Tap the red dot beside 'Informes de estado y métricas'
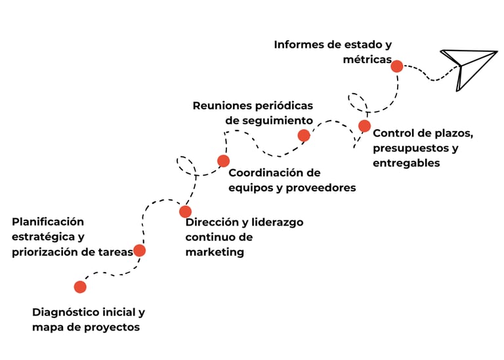tap(397, 66)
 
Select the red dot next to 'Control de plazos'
tap(365, 126)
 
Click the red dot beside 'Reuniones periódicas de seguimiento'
tap(304, 136)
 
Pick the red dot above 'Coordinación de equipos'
tap(224, 161)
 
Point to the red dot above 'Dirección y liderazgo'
tap(186, 212)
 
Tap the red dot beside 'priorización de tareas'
tap(140, 250)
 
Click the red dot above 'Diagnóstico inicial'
tap(80, 287)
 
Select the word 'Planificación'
tap(48, 222)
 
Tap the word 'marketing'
tap(215, 252)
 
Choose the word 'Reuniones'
tap(223, 106)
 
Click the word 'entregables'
tap(406, 163)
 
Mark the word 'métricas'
tap(367, 60)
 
